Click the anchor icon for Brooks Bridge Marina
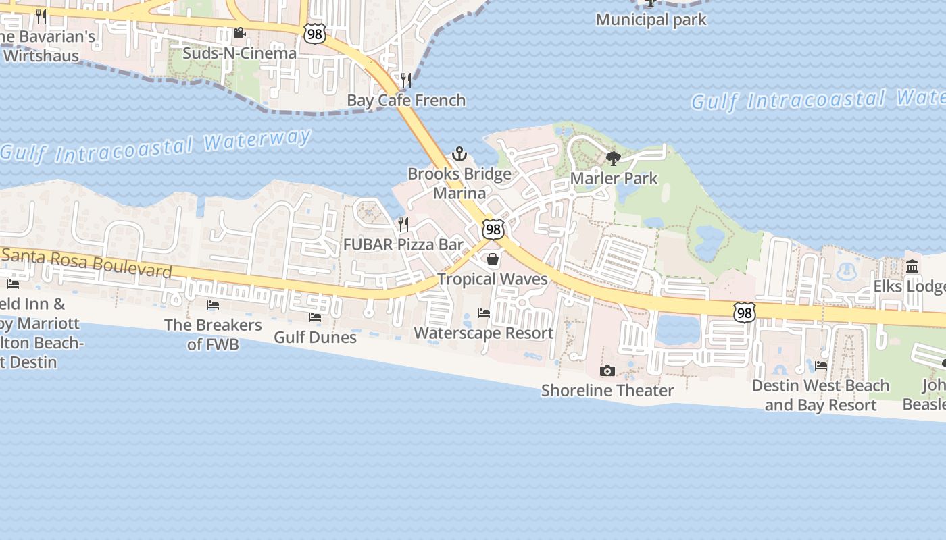click(459, 154)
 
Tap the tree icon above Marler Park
click(614, 159)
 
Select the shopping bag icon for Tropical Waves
click(493, 260)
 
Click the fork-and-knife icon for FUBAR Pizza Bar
click(403, 224)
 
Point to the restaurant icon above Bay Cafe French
click(406, 80)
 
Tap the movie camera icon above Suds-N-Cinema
click(239, 32)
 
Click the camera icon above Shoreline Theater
click(607, 371)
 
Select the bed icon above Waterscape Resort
click(484, 313)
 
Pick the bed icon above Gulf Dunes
click(315, 317)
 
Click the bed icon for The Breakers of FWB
click(213, 305)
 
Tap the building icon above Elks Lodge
click(913, 267)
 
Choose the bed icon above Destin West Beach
click(821, 366)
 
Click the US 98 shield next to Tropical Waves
click(493, 230)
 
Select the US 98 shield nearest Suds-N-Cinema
click(314, 34)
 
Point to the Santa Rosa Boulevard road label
click(86, 263)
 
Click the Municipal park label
click(651, 20)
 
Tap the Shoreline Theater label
click(607, 390)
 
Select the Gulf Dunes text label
click(315, 336)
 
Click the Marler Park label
click(614, 178)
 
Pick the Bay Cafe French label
click(406, 100)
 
